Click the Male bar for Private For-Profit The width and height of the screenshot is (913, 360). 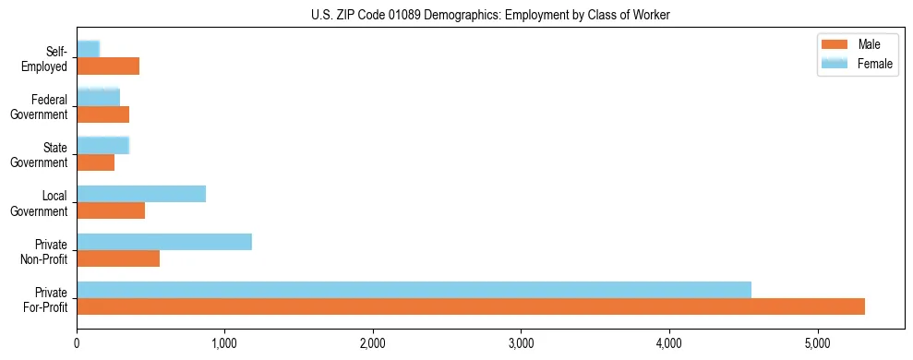471,306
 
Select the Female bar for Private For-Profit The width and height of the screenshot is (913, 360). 414,289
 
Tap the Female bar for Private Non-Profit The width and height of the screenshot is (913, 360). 164,242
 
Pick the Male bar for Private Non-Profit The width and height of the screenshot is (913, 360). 118,258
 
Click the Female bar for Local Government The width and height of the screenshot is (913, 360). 141,194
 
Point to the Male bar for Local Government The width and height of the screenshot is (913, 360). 111,210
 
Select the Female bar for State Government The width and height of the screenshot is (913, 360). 102,145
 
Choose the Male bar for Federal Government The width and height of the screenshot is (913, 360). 102,114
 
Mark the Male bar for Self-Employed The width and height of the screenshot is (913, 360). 108,66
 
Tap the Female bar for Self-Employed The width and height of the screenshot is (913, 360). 88,49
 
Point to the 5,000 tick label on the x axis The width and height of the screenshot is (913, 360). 817,343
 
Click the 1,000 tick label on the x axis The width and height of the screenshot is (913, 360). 224,343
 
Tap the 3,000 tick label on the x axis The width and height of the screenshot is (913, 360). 521,343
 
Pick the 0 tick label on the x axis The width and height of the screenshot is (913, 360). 77,343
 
